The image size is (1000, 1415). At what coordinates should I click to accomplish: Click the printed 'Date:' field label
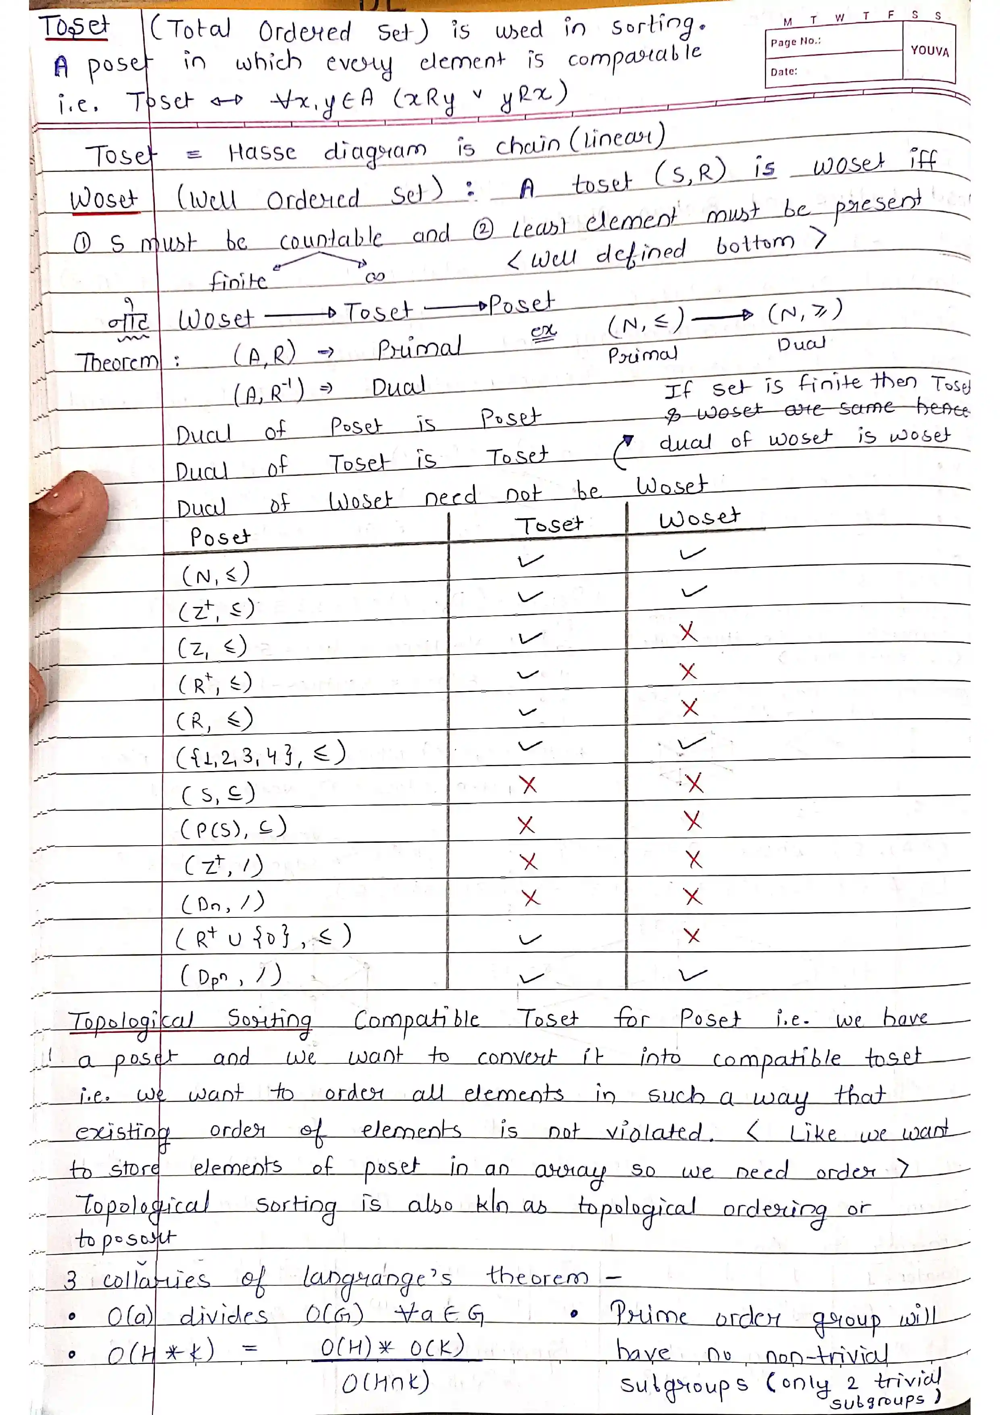784,71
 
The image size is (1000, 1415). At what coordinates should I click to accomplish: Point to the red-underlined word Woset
104,200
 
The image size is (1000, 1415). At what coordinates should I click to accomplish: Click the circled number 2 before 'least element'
484,230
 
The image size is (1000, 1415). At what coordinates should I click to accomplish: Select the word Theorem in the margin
117,362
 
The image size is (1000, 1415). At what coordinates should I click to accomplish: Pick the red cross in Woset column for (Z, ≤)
688,632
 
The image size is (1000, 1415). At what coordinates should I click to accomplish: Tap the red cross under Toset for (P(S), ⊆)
526,825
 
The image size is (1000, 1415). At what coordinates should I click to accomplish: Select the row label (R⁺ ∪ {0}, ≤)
264,938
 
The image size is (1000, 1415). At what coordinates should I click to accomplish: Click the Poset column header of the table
219,537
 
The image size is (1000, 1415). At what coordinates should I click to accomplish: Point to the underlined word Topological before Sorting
131,1021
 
